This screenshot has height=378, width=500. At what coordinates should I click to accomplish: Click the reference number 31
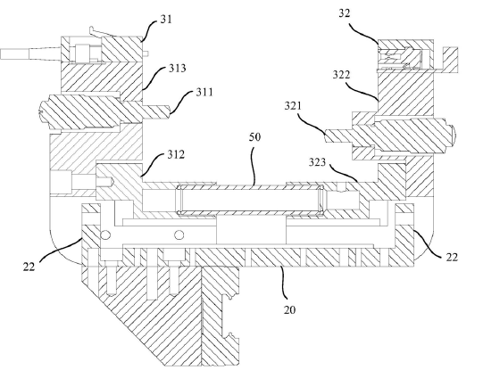(x=166, y=20)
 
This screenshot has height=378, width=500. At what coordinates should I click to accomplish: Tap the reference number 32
(x=344, y=13)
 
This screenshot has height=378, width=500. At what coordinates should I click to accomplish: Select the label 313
(x=177, y=68)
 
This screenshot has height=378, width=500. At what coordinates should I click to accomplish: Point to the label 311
(x=204, y=93)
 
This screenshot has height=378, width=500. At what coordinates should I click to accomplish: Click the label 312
(x=176, y=155)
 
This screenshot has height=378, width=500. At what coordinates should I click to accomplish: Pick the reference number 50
(x=254, y=137)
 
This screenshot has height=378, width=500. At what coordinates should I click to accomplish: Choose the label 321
(x=293, y=106)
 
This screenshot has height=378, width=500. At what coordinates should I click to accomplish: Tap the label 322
(x=341, y=75)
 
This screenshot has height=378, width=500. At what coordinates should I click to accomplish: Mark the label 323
(x=317, y=162)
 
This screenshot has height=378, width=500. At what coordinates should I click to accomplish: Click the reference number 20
(x=289, y=309)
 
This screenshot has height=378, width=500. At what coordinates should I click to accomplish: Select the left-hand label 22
(x=29, y=267)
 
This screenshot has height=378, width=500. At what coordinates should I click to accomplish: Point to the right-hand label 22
(x=452, y=257)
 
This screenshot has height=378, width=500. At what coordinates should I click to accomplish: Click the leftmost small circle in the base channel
(x=105, y=235)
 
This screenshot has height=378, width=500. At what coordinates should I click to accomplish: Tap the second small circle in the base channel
(x=179, y=235)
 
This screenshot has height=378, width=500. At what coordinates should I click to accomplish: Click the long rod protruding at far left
(x=31, y=53)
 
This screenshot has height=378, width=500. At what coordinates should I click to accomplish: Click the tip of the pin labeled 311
(x=169, y=111)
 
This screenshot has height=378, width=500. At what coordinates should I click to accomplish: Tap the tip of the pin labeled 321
(x=327, y=136)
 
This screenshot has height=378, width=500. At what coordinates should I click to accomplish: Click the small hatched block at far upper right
(x=450, y=60)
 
